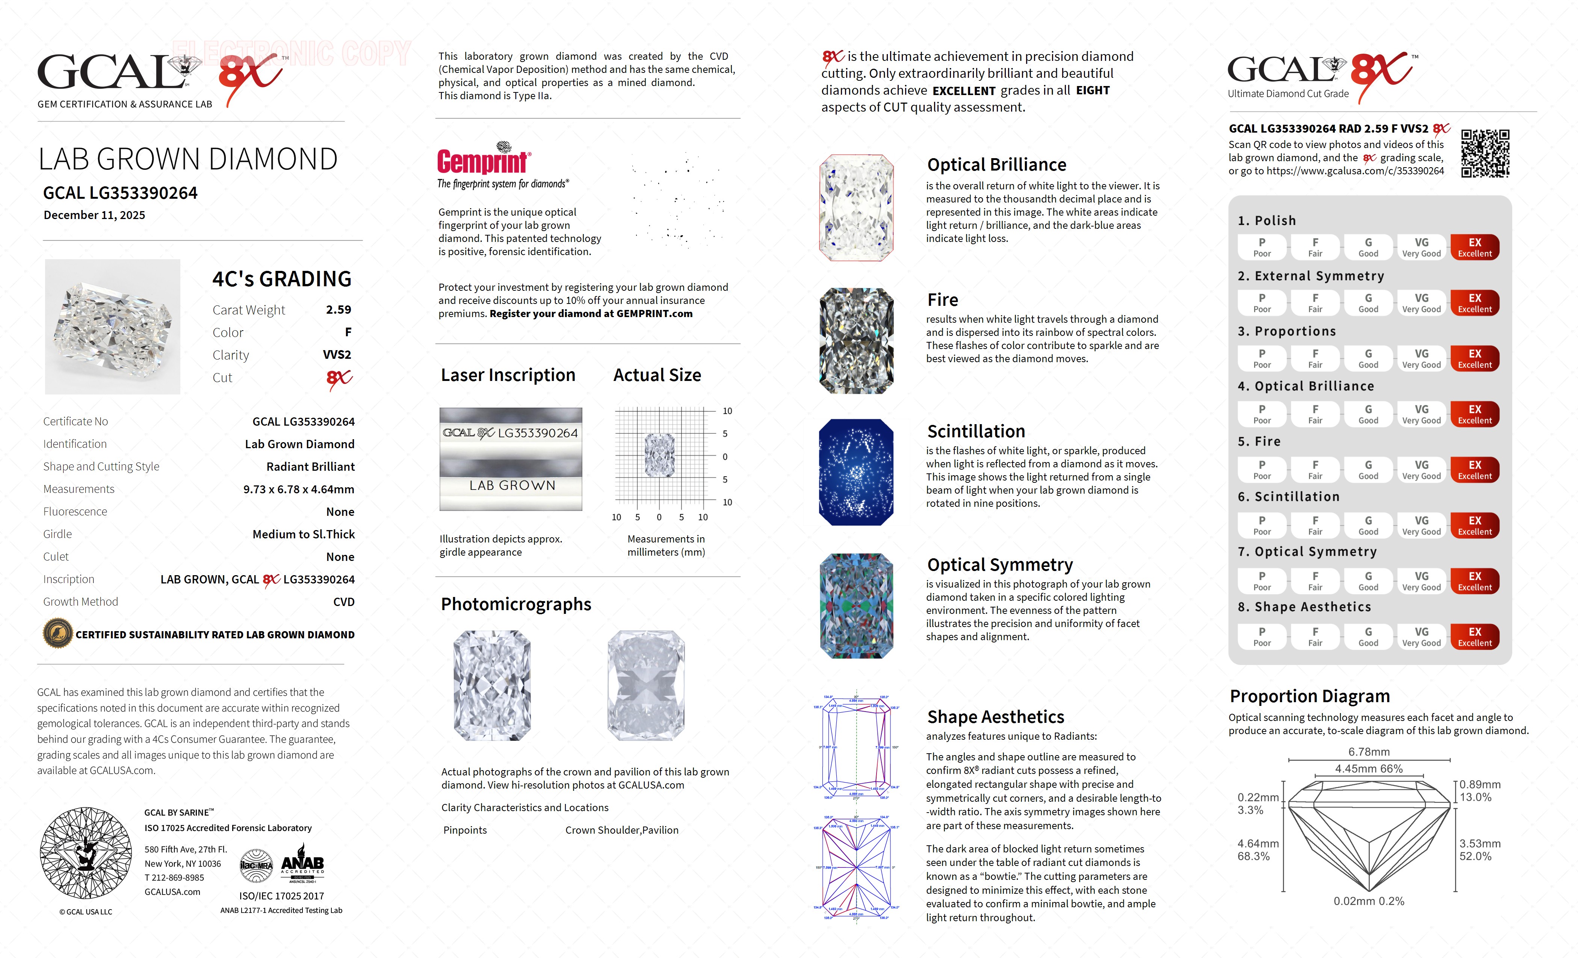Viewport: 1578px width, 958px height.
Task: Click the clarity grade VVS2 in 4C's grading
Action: point(337,355)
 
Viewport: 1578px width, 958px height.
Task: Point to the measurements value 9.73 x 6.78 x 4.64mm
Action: point(298,489)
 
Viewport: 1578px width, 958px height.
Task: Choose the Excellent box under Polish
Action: point(1474,247)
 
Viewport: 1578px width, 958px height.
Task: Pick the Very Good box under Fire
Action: point(1421,469)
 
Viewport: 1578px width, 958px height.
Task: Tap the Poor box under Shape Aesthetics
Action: point(1262,636)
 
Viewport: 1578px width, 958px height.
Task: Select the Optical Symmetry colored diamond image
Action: point(856,606)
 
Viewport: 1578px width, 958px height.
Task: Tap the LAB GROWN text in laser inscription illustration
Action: point(512,485)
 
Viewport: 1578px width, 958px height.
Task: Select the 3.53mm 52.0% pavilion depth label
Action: point(1480,850)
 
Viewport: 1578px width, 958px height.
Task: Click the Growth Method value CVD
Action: point(343,602)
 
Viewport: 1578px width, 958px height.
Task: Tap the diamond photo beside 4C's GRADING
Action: point(113,326)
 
